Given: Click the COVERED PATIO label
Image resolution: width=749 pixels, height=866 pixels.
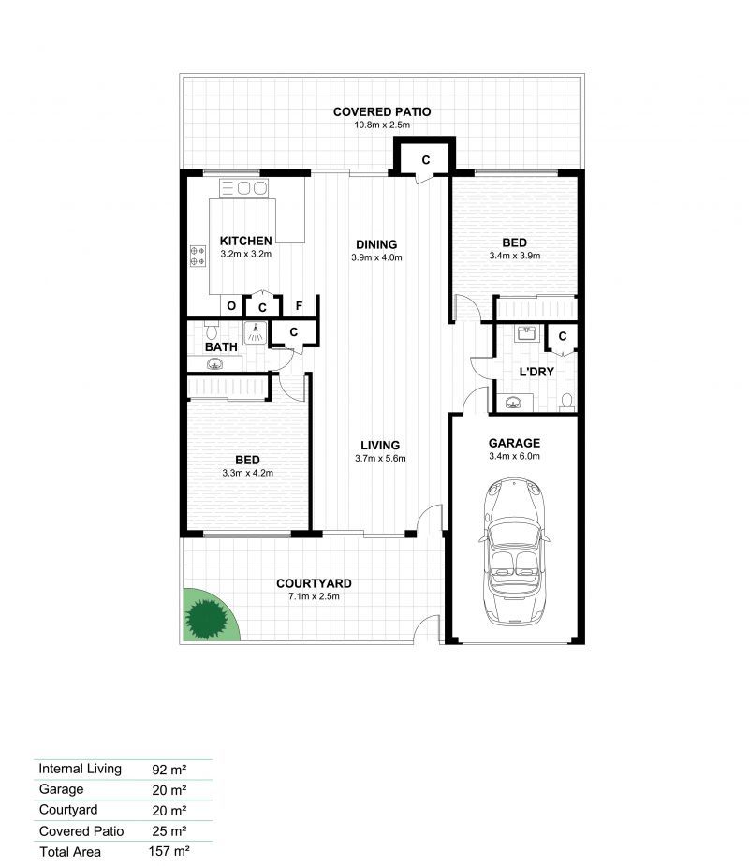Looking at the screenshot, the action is [382, 111].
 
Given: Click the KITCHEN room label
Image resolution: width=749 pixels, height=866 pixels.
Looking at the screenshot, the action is [246, 241].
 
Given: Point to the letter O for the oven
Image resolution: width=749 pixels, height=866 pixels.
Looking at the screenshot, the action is [231, 306].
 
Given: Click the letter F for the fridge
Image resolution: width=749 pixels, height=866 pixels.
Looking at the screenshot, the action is [299, 306].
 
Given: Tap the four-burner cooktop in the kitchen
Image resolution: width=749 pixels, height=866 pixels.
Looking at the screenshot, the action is [198, 257].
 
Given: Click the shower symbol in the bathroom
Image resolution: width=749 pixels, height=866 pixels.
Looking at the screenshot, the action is [256, 333].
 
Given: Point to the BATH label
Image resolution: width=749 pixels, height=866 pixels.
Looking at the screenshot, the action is [221, 346].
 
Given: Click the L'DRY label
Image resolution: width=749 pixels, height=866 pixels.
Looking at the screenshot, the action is [536, 372].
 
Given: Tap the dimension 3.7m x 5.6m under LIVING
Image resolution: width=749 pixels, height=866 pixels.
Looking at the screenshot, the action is [380, 459].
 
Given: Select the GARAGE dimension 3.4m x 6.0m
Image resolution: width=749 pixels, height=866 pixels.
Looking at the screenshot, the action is [514, 456].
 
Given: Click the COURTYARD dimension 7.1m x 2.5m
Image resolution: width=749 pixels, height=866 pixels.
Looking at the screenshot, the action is [314, 596].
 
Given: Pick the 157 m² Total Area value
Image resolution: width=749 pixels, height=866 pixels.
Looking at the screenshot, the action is [169, 851].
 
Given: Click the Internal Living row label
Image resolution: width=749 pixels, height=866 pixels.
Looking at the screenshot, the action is [81, 769].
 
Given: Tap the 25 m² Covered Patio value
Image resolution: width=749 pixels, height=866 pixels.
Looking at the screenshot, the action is [169, 830].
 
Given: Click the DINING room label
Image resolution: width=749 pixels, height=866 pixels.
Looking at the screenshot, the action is [376, 244].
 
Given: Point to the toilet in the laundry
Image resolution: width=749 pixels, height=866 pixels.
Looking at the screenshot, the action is [566, 402].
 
